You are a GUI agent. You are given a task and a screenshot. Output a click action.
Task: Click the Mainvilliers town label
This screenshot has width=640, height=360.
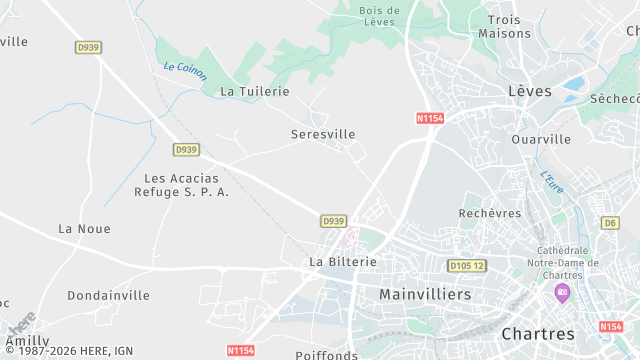(x=425, y=295)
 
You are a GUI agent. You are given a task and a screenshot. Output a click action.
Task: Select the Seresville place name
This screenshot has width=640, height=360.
(x=323, y=134)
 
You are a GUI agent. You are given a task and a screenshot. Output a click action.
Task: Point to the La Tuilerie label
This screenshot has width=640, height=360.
(x=255, y=91)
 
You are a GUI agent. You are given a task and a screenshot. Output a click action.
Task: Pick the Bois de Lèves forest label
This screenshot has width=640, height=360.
(x=379, y=16)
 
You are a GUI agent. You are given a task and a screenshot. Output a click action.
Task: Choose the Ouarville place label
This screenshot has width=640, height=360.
(x=541, y=139)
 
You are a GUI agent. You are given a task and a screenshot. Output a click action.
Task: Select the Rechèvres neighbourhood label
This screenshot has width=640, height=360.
(x=490, y=213)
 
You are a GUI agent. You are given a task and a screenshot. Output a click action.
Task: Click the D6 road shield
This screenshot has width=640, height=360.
(x=611, y=222)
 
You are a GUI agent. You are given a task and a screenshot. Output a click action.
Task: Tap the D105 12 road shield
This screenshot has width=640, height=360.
(x=466, y=266)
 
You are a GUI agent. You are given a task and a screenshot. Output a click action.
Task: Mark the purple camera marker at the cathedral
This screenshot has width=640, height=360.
(x=562, y=293)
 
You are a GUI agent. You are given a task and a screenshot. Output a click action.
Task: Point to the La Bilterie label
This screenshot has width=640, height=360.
(x=343, y=262)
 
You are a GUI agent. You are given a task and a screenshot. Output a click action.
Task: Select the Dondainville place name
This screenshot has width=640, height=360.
(x=108, y=295)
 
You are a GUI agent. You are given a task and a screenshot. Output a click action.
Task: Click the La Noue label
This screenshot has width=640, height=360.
(x=84, y=229)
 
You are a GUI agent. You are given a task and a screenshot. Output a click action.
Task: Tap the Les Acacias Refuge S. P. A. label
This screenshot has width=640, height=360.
(x=180, y=185)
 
